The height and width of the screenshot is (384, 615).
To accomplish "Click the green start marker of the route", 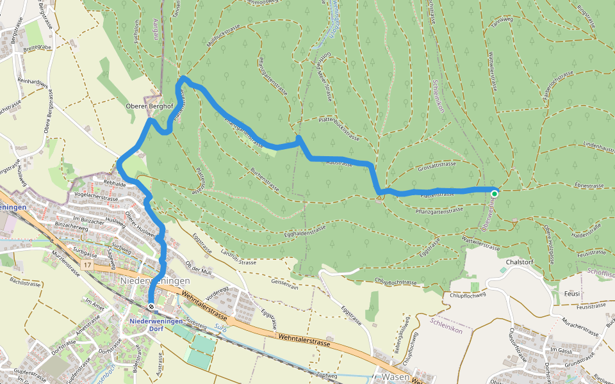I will pyautogui.click(x=495, y=193).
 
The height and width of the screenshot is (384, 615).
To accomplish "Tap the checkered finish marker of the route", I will pyautogui.click(x=151, y=307).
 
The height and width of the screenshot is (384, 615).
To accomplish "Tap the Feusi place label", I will pyautogui.click(x=572, y=293).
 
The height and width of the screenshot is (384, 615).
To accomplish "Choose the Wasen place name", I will pyautogui.click(x=395, y=377).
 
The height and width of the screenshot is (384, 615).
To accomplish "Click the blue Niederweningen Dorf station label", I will pyautogui.click(x=156, y=324).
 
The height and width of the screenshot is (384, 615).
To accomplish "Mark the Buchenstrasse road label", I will pyautogui.click(x=264, y=181).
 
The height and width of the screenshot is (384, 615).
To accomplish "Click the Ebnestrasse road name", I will pyautogui.click(x=590, y=185).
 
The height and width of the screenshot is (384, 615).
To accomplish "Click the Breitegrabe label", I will pyautogui.click(x=37, y=47).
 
